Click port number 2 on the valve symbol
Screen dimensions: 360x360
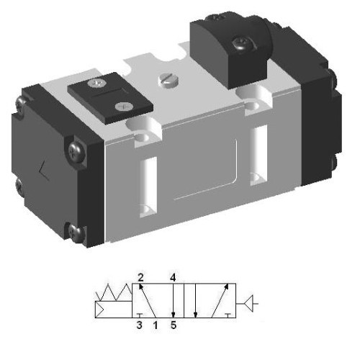click(142, 276)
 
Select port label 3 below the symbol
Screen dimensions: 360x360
click(140, 325)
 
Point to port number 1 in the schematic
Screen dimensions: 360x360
click(154, 325)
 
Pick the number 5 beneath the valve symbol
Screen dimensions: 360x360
click(174, 325)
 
